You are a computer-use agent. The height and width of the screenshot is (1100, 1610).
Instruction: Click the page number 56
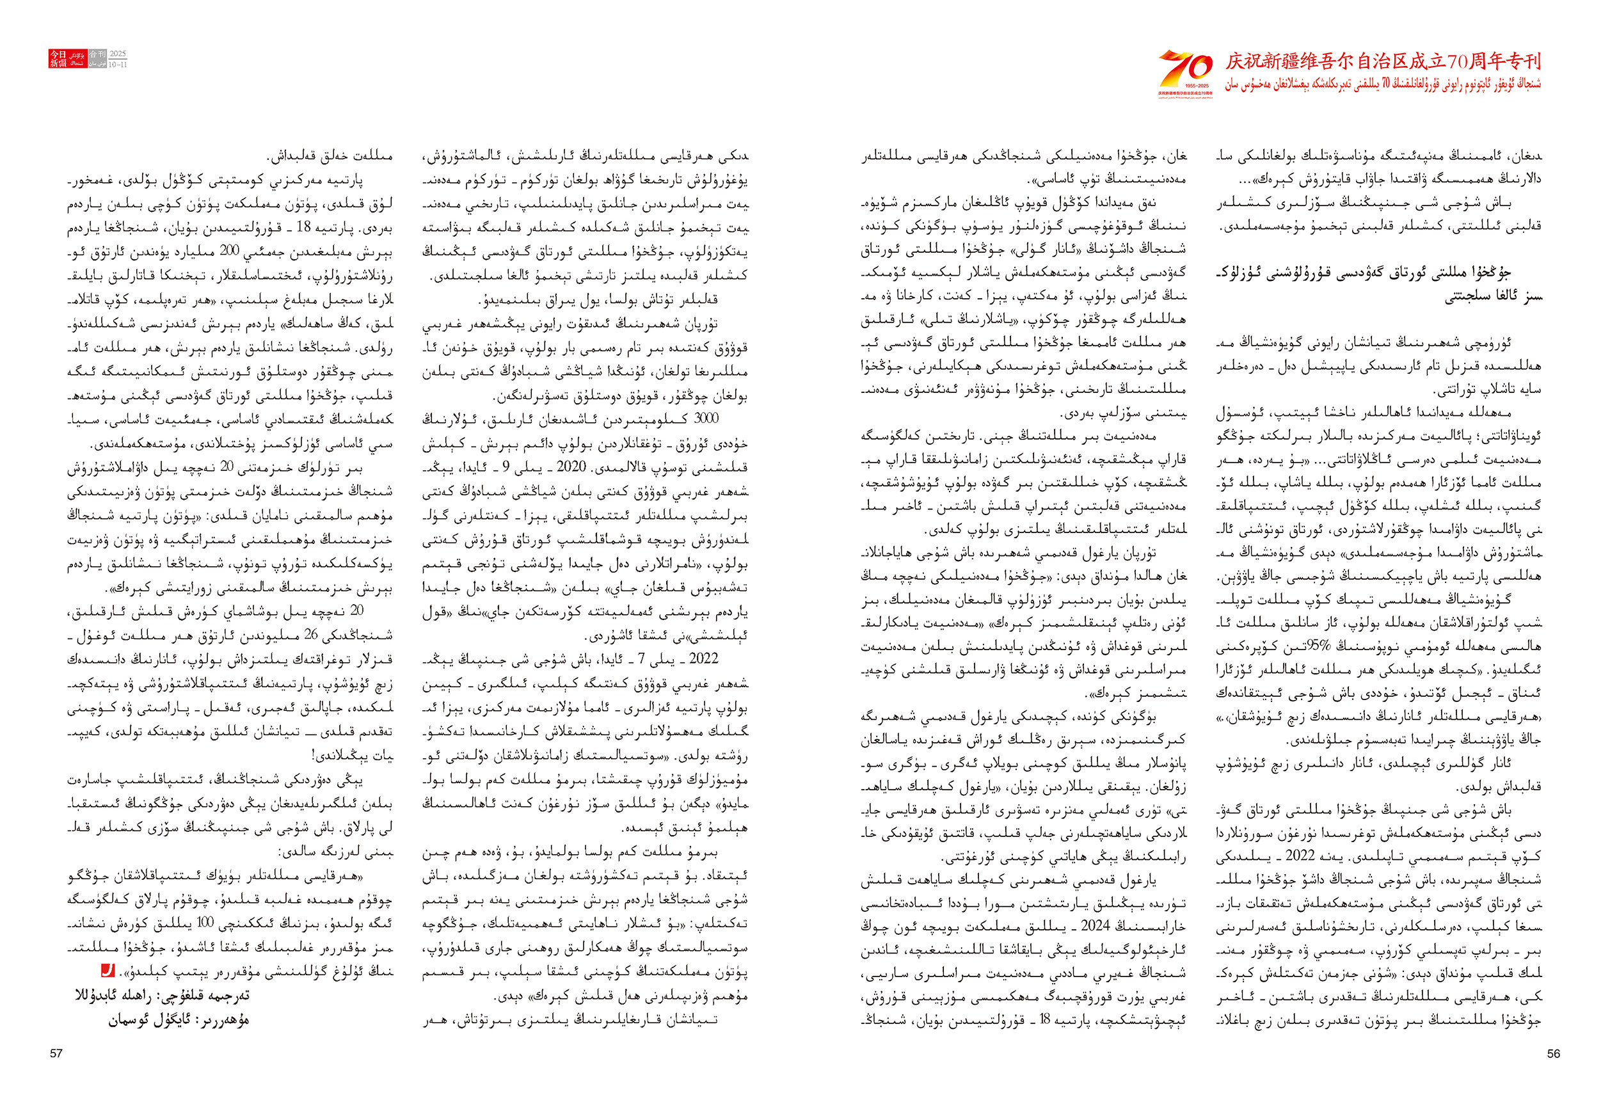(x=1553, y=1053)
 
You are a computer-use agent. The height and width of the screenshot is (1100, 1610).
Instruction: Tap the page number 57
(x=56, y=1053)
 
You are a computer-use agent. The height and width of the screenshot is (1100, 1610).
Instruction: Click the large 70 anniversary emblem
(x=1185, y=71)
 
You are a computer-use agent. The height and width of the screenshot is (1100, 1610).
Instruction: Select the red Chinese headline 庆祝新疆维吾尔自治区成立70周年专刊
(x=1383, y=61)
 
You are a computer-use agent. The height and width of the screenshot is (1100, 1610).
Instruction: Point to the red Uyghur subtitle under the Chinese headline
(x=1383, y=85)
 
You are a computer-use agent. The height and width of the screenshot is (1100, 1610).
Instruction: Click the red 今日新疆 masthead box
(x=58, y=58)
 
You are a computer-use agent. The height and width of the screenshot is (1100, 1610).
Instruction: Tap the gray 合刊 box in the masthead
(x=98, y=54)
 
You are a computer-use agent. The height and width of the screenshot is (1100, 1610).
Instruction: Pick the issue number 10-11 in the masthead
(x=118, y=65)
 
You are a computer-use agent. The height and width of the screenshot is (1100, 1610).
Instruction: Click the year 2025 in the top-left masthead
(x=118, y=53)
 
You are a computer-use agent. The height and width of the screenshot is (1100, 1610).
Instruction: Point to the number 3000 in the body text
(x=706, y=418)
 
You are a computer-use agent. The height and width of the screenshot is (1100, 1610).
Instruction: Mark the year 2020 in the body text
(x=571, y=466)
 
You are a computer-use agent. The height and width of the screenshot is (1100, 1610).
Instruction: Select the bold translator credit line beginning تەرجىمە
(x=162, y=996)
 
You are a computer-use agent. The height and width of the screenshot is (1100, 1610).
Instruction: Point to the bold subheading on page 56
(x=1378, y=284)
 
